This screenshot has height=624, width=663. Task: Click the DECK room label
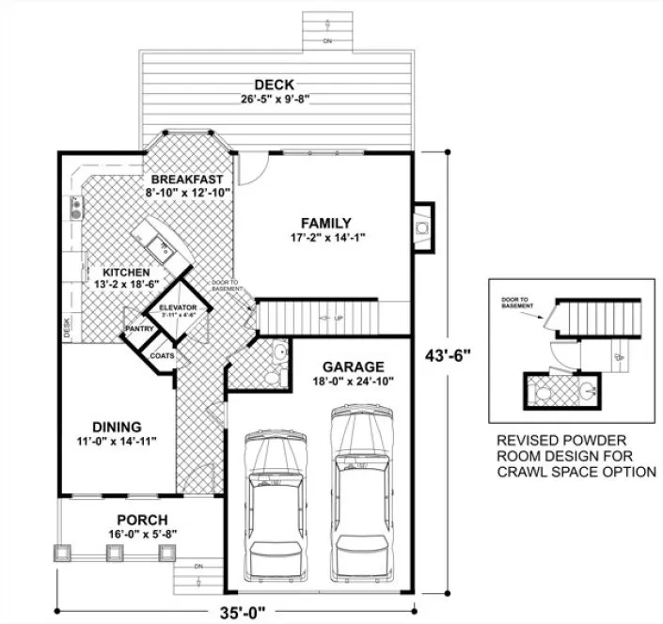280,86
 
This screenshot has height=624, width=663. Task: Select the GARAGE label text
353,367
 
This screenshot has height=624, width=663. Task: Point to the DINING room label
118,425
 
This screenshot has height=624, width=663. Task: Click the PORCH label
142,520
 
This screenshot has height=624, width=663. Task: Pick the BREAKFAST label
187,179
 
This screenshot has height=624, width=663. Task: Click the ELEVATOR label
176,307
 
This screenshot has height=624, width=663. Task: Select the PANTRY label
139,329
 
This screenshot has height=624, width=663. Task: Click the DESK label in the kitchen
67,327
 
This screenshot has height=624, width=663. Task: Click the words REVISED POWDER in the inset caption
559,440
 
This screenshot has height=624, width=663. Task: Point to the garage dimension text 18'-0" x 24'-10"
353,382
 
